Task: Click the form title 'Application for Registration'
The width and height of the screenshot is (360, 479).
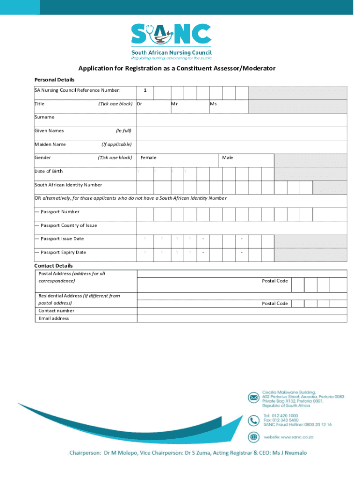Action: click(177, 69)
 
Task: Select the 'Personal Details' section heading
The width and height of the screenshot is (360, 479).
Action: click(54, 80)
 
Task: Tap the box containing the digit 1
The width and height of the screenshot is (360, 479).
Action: click(145, 90)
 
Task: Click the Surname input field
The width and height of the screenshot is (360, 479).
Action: click(241, 117)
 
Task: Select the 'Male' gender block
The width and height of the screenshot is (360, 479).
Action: click(246, 158)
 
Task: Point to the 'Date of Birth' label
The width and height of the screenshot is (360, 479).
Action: click(49, 171)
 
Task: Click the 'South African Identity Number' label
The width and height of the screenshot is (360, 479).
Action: click(68, 185)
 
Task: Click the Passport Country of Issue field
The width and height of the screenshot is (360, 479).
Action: click(241, 225)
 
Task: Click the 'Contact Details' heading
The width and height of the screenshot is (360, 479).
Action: click(54, 266)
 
